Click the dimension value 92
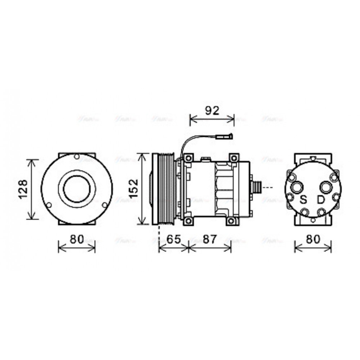click(x=212, y=111)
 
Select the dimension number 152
click(x=134, y=188)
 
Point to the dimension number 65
click(x=174, y=239)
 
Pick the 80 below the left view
click(x=76, y=239)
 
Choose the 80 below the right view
click(x=313, y=239)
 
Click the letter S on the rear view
click(x=304, y=199)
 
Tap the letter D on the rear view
click(x=320, y=199)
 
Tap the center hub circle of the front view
click(x=77, y=188)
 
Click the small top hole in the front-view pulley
click(x=76, y=157)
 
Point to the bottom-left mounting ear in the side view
click(x=187, y=221)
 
